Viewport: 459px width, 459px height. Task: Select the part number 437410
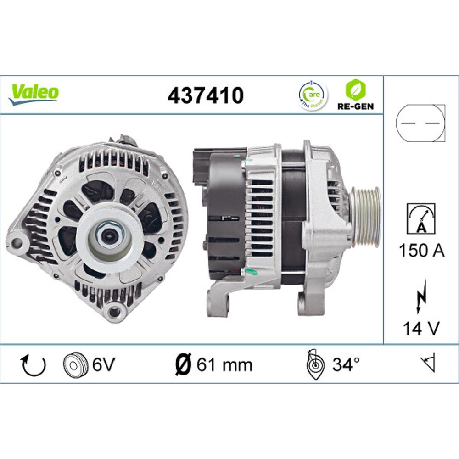tap(206, 95)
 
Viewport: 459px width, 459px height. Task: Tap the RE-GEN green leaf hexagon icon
tap(356, 90)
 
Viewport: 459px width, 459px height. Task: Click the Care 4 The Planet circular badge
tap(313, 95)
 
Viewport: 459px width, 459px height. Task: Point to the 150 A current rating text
tap(421, 251)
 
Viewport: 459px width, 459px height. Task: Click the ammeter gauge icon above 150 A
tap(421, 218)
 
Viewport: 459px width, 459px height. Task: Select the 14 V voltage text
tap(421, 329)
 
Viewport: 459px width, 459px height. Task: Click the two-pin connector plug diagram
tap(420, 123)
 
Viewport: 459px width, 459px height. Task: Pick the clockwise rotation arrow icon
tap(34, 365)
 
